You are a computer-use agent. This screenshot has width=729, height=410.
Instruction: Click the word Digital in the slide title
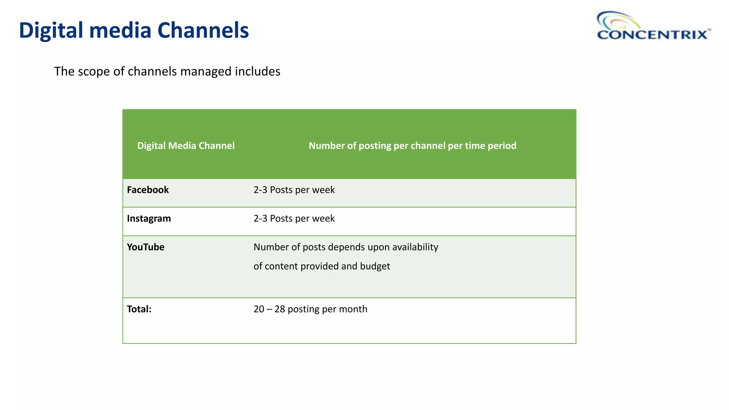(51, 31)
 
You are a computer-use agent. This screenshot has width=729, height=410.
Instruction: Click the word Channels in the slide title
(203, 31)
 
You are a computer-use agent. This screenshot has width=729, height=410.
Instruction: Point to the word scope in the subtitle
(94, 72)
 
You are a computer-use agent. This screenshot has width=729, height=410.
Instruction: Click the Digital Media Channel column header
(186, 146)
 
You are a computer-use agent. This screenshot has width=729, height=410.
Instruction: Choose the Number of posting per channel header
(412, 146)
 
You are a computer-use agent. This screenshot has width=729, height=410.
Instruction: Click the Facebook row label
(148, 190)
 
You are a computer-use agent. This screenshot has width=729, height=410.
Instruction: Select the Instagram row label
(149, 218)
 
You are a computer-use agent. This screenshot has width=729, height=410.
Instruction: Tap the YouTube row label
(146, 247)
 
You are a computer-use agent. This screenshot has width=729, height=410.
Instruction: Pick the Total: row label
(139, 309)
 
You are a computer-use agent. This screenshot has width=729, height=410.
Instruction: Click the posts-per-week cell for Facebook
(294, 190)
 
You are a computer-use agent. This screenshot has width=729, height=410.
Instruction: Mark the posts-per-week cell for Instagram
(294, 218)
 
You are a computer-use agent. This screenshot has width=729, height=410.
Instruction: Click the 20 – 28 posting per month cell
(310, 309)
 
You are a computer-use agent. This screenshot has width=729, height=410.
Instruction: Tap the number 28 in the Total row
(280, 309)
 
